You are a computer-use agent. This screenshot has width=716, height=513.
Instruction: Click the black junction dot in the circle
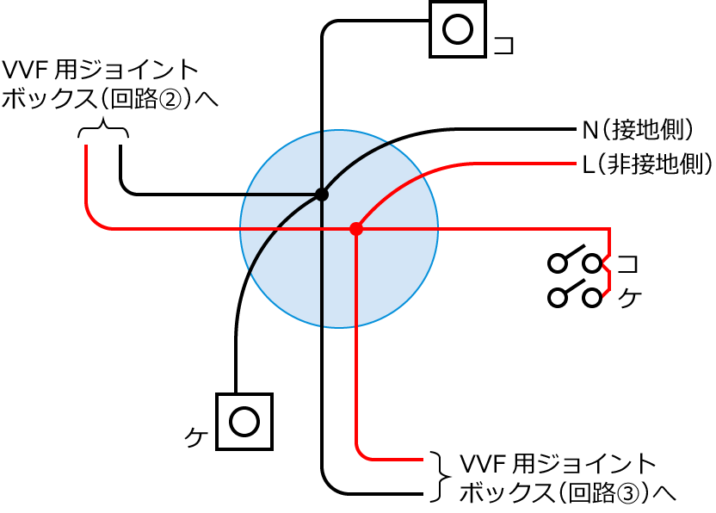[x=322, y=195]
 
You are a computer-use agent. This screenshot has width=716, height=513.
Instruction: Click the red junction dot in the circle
[x=355, y=229]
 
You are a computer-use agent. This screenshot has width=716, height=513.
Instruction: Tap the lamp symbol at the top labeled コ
[x=457, y=29]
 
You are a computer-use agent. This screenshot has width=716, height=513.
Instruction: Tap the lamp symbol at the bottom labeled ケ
[x=244, y=422]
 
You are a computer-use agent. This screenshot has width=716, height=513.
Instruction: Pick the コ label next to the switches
[x=629, y=262]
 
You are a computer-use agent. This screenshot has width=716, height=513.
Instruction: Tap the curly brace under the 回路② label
[x=103, y=130]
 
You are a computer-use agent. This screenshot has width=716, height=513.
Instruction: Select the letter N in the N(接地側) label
[x=589, y=130]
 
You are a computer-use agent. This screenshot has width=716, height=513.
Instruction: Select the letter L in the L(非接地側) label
[x=588, y=162]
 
